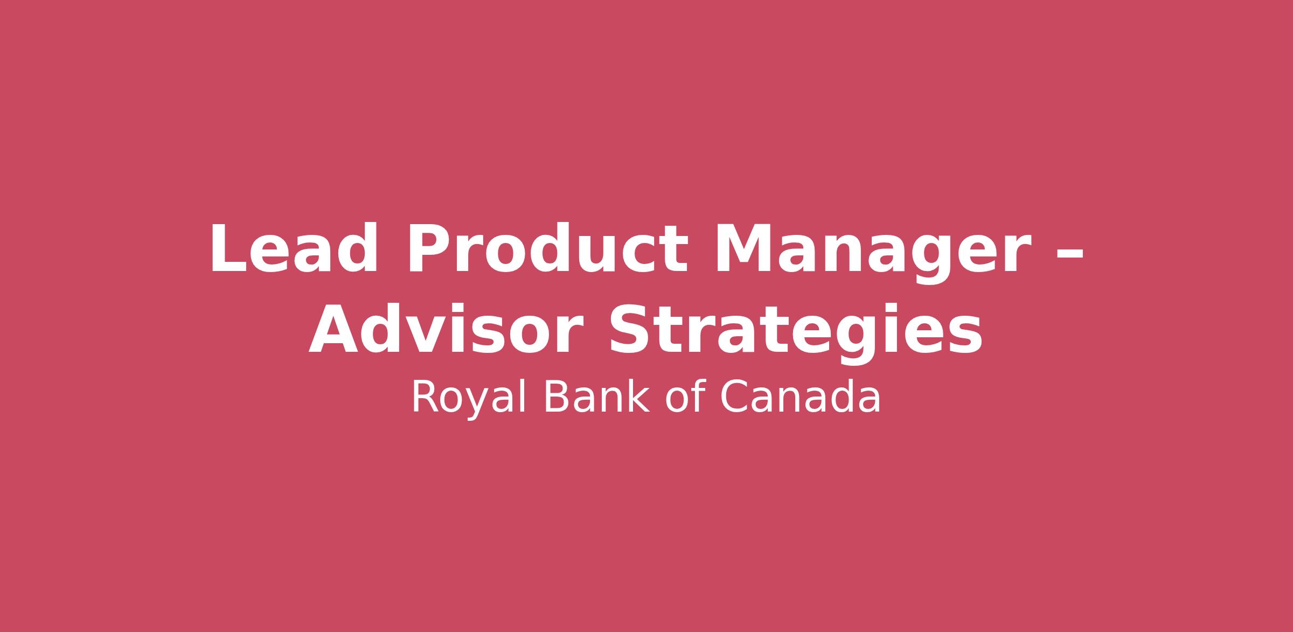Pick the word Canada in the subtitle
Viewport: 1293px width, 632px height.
(800, 397)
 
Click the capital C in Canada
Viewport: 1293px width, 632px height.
(734, 397)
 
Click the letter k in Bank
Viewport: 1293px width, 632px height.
(638, 396)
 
